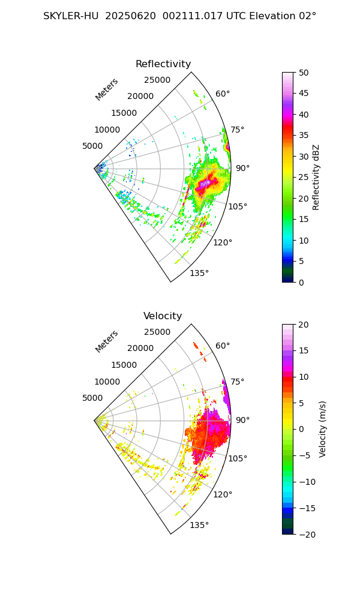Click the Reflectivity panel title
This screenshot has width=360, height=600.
tap(163, 64)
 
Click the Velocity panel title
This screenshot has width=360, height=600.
tap(163, 316)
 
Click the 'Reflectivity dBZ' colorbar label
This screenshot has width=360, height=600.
tap(316, 177)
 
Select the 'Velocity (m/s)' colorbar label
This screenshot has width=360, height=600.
tap(322, 429)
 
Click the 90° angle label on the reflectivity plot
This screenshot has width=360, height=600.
tap(242, 169)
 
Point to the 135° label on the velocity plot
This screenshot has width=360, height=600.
tap(199, 526)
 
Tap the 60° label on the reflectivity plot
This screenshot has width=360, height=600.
tap(223, 94)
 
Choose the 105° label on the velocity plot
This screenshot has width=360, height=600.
tap(238, 458)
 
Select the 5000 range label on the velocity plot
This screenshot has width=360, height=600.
tap(92, 398)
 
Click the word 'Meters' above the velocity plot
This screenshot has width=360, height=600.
tap(107, 341)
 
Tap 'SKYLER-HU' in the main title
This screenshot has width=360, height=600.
tap(71, 16)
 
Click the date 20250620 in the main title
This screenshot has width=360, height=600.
tap(127, 16)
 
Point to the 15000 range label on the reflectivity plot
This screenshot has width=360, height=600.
tap(124, 113)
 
